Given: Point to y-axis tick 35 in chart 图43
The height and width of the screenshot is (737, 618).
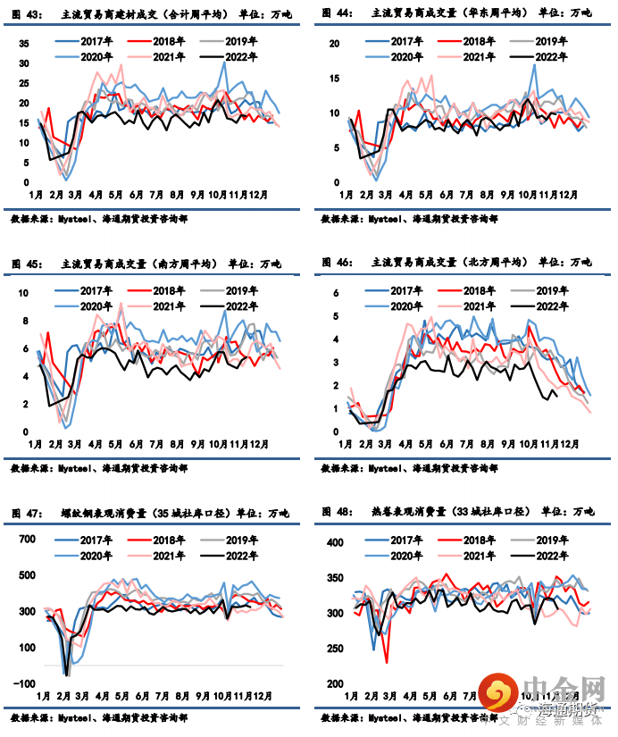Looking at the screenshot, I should click(24, 44).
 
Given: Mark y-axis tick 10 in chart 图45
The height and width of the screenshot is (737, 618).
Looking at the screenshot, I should click(24, 294).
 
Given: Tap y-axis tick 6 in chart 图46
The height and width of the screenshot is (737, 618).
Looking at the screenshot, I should click(337, 293).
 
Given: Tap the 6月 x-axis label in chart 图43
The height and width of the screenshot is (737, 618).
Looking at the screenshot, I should click(137, 194).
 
